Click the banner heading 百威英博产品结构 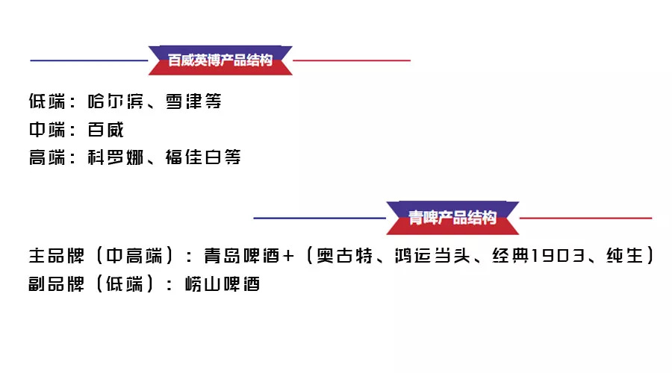click(x=220, y=60)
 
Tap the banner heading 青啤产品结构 click(x=452, y=218)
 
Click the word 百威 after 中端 click(x=105, y=130)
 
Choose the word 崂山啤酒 click(x=223, y=283)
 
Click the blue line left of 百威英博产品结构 click(x=90, y=60)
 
